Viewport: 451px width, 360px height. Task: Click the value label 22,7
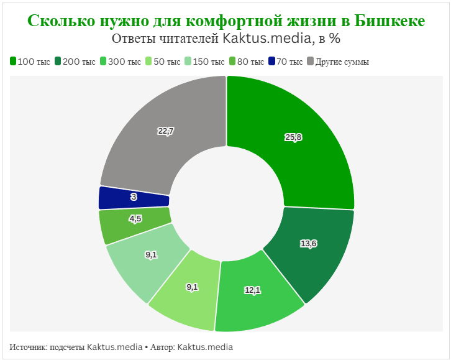point(166,131)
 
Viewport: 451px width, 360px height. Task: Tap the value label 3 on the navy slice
point(134,197)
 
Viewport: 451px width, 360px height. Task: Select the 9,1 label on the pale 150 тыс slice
point(151,254)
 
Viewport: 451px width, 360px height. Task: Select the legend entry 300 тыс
point(124,62)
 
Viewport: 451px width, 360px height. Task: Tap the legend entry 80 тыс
point(250,62)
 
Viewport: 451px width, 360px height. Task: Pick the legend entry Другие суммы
point(342,62)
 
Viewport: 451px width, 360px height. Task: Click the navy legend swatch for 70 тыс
point(271,62)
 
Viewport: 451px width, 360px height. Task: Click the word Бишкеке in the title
point(389,21)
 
